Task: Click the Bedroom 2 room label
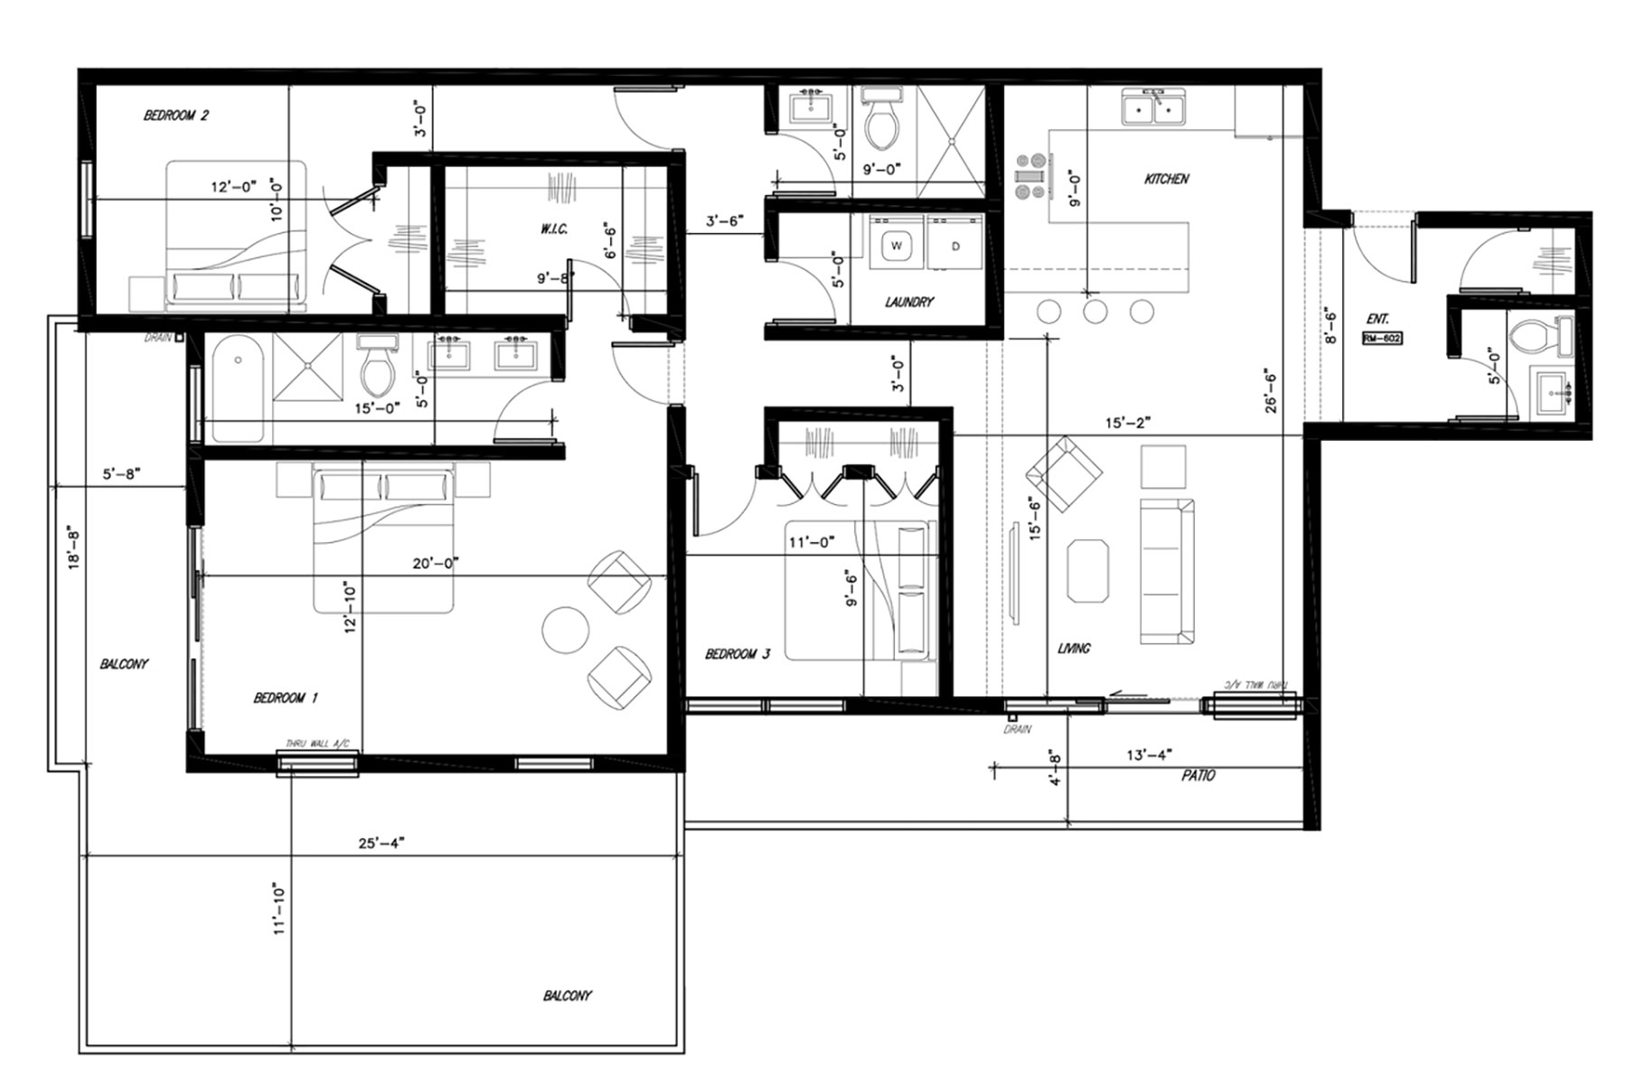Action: (176, 116)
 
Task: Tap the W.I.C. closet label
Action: (554, 229)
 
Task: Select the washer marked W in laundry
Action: (897, 246)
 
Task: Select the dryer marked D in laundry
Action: (955, 246)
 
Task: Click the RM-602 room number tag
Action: (1382, 339)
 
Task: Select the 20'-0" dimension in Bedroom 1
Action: (436, 563)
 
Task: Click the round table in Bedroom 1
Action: (566, 630)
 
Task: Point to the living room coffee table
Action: (1087, 570)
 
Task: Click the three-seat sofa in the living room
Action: (1168, 571)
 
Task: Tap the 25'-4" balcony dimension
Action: (381, 843)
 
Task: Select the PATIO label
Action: (1198, 775)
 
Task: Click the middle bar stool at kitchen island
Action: (1096, 312)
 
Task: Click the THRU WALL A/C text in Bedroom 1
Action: (317, 743)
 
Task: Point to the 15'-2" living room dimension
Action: (1127, 422)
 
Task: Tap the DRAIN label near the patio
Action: (1017, 729)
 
